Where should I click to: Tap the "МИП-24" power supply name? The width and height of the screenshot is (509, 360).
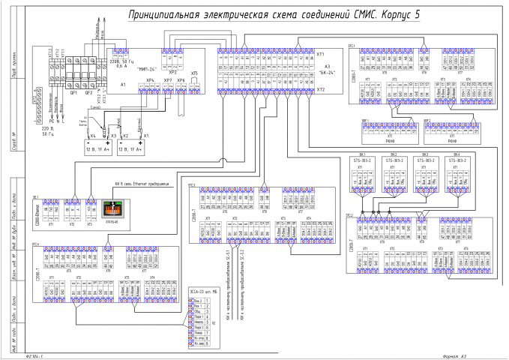(x=148, y=69)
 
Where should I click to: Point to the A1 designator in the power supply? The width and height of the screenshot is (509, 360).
(x=123, y=85)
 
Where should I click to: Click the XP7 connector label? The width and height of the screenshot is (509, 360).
(x=167, y=79)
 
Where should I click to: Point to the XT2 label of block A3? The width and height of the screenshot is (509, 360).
(x=320, y=90)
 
